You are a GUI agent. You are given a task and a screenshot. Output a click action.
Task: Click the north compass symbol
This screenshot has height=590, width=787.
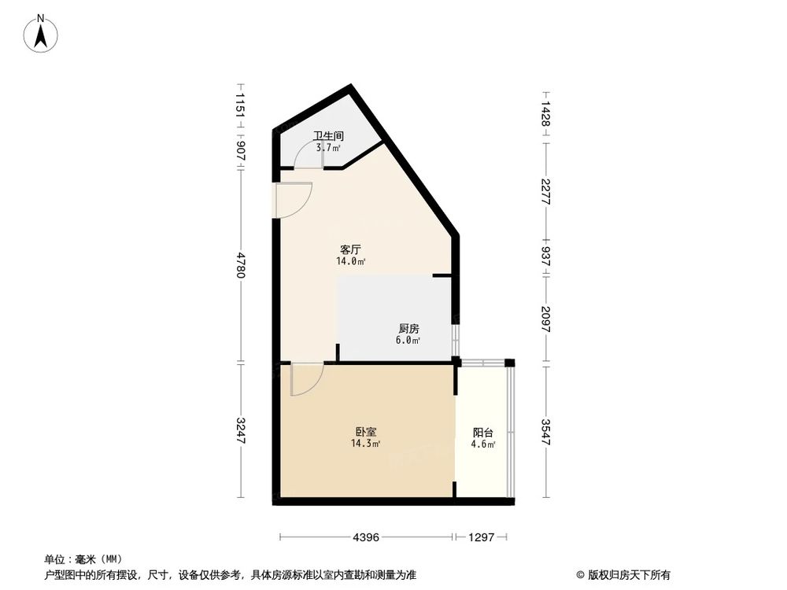42,33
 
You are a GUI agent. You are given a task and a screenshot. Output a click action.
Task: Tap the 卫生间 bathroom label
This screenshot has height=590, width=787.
328,135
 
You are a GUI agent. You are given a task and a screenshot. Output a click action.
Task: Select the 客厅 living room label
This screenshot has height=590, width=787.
350,249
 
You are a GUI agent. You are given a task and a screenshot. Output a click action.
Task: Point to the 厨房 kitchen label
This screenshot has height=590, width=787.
408,329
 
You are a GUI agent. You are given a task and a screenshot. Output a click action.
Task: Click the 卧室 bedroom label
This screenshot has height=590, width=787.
366,432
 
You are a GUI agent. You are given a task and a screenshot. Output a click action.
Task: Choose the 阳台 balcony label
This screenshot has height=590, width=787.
483,433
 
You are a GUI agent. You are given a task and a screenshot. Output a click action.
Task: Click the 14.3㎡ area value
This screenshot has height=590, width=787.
366,444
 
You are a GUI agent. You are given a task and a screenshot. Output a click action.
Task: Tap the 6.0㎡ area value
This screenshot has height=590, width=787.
408,341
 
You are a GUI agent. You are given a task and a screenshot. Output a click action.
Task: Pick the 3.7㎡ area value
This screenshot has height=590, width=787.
328,147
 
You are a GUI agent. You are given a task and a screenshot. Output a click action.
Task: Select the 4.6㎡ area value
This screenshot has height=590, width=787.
483,444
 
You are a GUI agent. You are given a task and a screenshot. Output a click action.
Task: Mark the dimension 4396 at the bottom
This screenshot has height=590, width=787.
367,537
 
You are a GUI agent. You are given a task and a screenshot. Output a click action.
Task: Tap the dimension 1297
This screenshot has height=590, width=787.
480,537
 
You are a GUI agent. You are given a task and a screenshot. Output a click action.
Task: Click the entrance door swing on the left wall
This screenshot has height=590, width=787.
295,198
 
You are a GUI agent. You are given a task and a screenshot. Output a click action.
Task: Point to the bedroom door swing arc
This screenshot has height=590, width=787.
305,378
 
